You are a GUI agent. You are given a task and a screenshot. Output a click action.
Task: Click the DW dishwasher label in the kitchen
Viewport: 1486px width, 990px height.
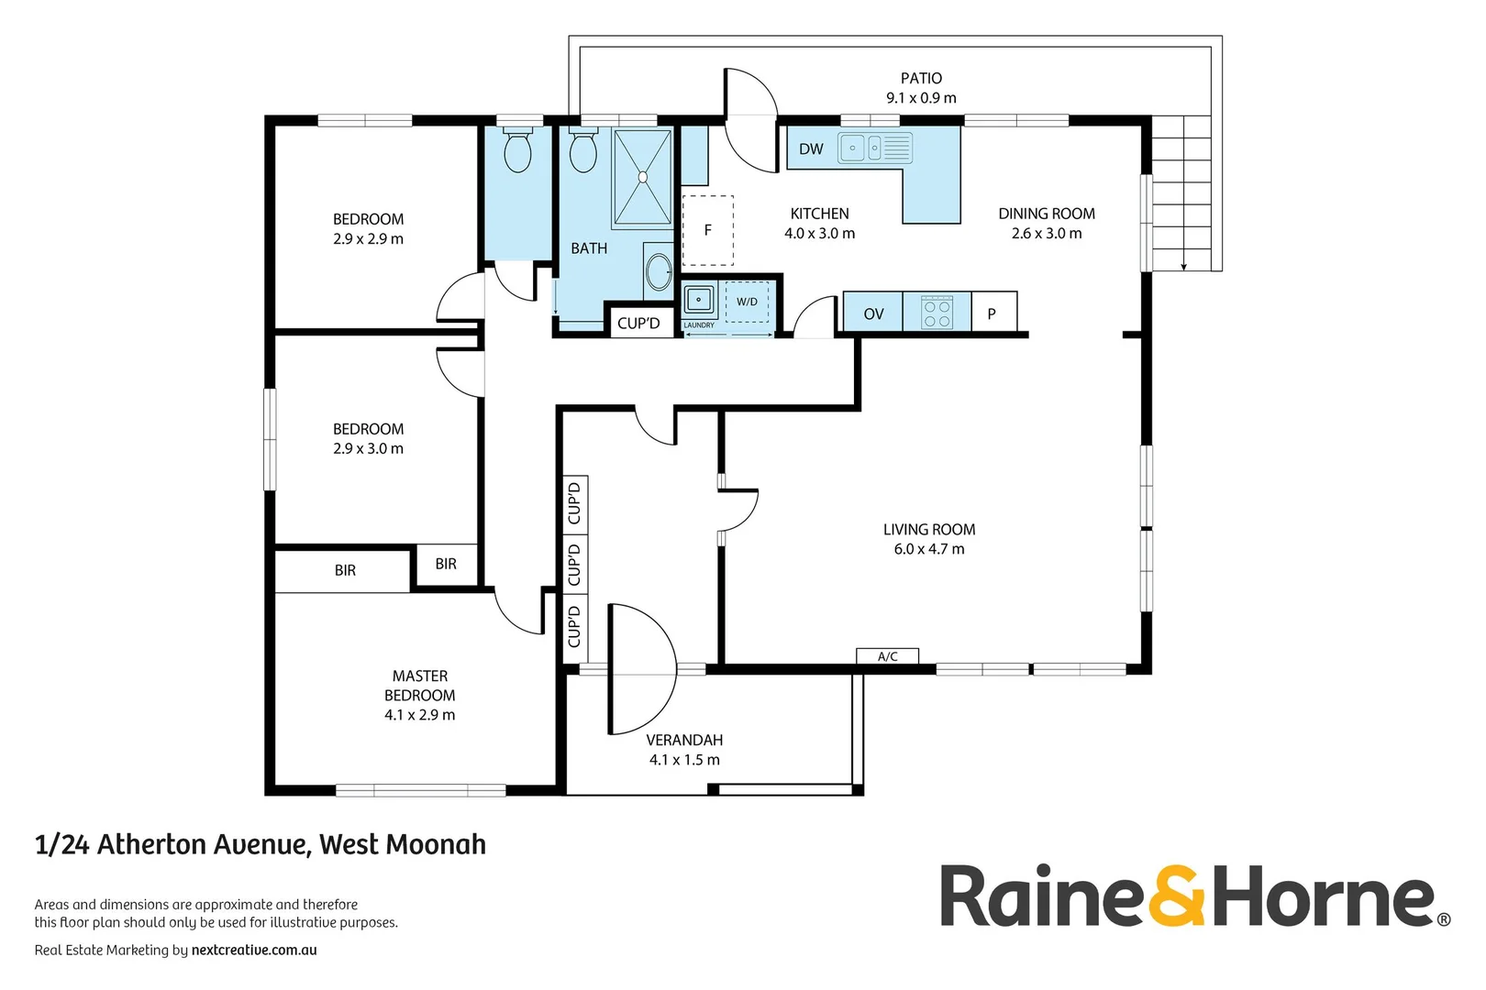[811, 149]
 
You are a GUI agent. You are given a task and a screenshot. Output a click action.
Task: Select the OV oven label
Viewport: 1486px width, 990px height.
[873, 313]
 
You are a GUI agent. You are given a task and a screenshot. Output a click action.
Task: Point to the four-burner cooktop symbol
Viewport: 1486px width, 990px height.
[937, 313]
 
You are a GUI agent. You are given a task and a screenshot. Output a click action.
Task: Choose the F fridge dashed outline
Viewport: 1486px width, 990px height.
[708, 230]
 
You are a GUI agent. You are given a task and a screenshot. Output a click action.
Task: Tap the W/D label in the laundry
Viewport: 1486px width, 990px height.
[748, 302]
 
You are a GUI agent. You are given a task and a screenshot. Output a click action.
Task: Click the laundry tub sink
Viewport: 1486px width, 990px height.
[699, 300]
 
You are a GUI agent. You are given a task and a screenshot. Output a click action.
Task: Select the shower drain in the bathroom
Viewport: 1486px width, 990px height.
[642, 178]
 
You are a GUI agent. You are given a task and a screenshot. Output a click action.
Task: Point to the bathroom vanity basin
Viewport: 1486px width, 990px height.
[659, 271]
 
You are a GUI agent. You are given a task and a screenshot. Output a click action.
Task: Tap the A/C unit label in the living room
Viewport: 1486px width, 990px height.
[887, 656]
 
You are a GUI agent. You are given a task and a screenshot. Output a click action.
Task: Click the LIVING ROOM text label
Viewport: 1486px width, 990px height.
[928, 530]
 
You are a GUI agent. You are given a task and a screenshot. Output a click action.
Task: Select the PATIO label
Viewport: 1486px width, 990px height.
[921, 79]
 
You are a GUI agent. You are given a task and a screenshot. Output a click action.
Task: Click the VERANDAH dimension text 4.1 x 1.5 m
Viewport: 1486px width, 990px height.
[684, 760]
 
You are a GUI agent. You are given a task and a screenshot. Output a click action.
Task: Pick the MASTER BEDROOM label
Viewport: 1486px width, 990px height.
[420, 686]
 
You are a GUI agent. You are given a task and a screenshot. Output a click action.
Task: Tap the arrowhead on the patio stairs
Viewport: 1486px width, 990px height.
[1183, 266]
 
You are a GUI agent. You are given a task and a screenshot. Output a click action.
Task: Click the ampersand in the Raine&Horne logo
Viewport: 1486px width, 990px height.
[1177, 896]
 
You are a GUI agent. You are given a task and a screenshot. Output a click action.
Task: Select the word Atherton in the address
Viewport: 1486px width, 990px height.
[152, 844]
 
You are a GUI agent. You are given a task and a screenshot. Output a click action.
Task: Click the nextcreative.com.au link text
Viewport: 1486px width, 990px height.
[254, 951]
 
